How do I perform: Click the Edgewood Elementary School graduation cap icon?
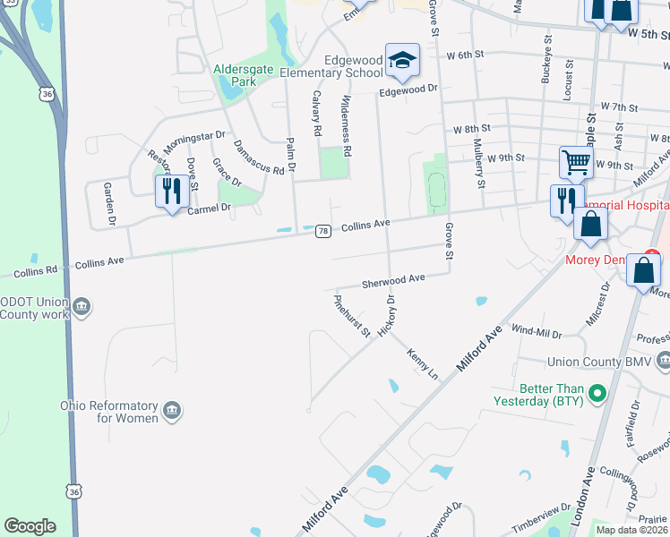(402, 60)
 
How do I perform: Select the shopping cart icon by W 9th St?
(576, 163)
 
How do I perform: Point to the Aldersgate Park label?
(235, 75)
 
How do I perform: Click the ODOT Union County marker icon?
(82, 306)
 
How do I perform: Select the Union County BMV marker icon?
(662, 361)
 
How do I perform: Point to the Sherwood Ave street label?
(392, 281)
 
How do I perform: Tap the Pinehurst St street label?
(352, 316)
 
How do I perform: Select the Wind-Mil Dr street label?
(536, 332)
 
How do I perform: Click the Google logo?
(30, 525)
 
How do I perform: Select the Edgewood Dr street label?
(408, 89)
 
